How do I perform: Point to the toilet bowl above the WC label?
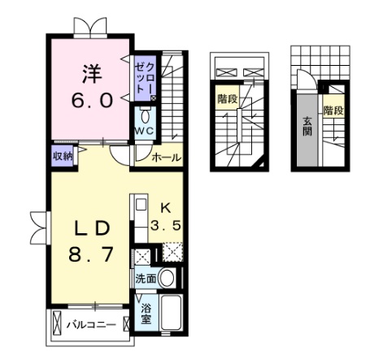(145, 115)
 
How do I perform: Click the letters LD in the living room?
(89, 225)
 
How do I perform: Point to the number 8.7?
(89, 254)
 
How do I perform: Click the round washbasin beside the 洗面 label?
(168, 278)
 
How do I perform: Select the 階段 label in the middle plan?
(227, 98)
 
